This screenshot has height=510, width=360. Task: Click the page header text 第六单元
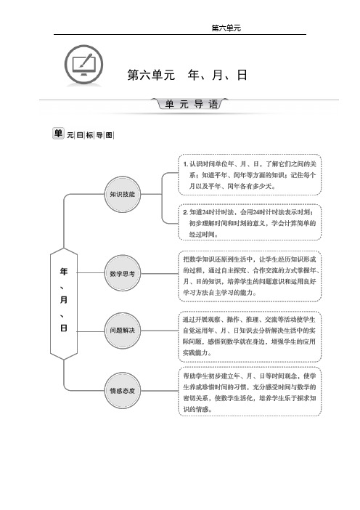tap(226, 28)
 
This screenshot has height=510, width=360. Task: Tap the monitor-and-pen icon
tap(83, 65)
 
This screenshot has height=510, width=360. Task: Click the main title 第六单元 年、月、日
tap(187, 75)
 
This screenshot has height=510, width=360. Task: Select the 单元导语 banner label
tap(191, 104)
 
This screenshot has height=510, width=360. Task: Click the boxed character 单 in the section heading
tap(58, 134)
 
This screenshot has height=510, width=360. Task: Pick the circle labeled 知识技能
tap(122, 194)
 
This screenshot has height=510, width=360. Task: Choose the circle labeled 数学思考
tap(122, 274)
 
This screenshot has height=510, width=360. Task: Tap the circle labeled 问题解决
tap(122, 331)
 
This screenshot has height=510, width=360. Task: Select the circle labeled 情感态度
tap(122, 391)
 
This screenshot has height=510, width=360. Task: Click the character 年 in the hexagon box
tap(64, 272)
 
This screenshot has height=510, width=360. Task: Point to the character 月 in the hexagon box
tap(64, 299)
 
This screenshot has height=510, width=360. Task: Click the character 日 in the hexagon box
tap(64, 328)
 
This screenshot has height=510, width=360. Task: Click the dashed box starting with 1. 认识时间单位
tap(250, 175)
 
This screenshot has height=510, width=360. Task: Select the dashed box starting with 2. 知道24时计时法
tap(250, 222)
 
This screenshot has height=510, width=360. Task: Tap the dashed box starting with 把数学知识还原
tap(250, 276)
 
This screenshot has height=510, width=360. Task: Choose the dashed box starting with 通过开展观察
tap(250, 336)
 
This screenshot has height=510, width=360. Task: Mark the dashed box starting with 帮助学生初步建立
tap(250, 392)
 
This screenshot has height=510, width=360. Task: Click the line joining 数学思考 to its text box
tap(159, 274)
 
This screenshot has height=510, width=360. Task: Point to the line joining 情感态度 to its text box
tap(159, 391)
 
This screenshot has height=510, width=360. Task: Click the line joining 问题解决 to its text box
tap(159, 331)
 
